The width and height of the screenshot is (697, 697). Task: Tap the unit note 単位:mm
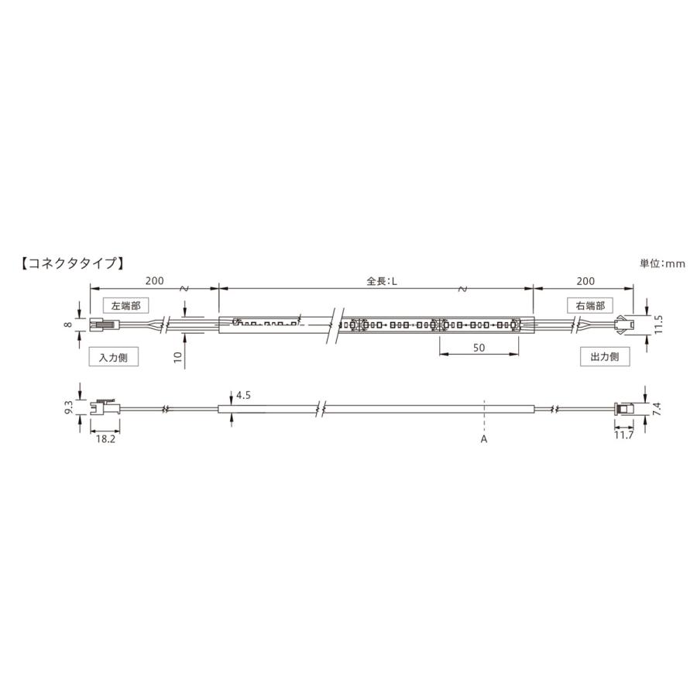click(662, 263)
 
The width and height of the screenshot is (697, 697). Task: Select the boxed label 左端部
click(125, 306)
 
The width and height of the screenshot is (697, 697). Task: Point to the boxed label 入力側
click(113, 357)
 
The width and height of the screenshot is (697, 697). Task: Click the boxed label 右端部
click(590, 306)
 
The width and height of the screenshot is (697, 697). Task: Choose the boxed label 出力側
click(605, 356)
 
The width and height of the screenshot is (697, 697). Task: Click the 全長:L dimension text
click(381, 281)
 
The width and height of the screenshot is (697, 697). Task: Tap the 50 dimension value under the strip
click(479, 348)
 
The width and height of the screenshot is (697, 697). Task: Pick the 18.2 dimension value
click(106, 439)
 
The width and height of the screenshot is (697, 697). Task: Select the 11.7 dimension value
click(623, 435)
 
